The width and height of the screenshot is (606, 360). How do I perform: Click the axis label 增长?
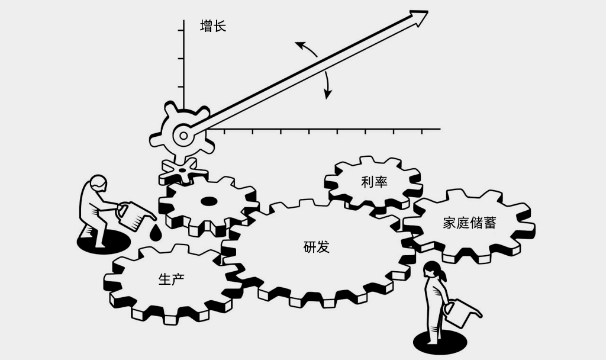tap(213, 27)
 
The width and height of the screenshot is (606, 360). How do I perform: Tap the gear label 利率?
tap(374, 182)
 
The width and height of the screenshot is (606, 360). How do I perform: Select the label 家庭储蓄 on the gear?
tap(469, 223)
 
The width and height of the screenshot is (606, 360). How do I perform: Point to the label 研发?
tap(316, 247)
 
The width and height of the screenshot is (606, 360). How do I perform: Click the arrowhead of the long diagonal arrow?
tap(420, 17)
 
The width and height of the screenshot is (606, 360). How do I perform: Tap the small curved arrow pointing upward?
tap(305, 49)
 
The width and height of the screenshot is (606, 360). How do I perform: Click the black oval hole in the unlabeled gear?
tap(209, 201)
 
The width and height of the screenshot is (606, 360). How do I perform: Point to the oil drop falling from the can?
tap(155, 233)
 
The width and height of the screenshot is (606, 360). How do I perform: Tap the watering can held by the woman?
tap(459, 313)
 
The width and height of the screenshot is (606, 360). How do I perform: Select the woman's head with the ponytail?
tap(433, 271)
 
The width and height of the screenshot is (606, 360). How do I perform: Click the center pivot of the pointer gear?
tap(183, 136)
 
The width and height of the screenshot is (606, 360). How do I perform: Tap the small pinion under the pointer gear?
tap(183, 171)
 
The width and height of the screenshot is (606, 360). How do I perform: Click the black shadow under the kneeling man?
tap(101, 243)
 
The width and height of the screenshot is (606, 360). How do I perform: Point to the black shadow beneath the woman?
tap(439, 342)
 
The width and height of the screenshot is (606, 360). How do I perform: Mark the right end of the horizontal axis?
tap(440, 128)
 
